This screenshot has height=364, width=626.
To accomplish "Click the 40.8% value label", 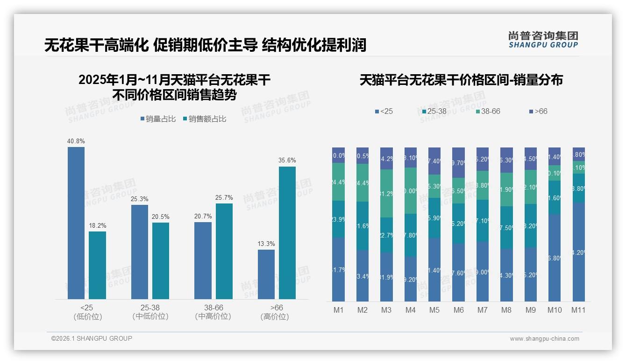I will coord(76,141).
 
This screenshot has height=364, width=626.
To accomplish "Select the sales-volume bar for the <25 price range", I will coord(76,223).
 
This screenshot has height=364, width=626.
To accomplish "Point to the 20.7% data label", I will coord(203,216).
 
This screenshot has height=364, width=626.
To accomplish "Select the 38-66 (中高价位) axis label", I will coord(213,312).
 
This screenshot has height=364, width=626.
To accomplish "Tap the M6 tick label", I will coord(458,310).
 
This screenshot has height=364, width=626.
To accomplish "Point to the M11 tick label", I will coord(578,310).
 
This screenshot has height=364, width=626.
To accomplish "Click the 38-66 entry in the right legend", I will coord(488,112).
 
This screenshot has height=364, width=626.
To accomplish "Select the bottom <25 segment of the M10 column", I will coord(554,258).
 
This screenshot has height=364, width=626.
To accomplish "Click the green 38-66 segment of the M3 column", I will coord(386,194).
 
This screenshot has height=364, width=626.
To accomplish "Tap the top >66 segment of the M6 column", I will coord(458,162).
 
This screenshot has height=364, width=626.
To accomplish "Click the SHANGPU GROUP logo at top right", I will coord(543,40).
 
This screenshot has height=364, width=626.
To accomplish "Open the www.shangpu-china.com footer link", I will coord(544,339).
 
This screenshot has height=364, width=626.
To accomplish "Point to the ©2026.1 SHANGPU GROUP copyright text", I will coord(92,338).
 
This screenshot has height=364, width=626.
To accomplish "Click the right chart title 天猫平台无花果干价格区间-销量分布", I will coord(461,80).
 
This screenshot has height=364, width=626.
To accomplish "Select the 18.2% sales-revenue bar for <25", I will coord(97,265).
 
